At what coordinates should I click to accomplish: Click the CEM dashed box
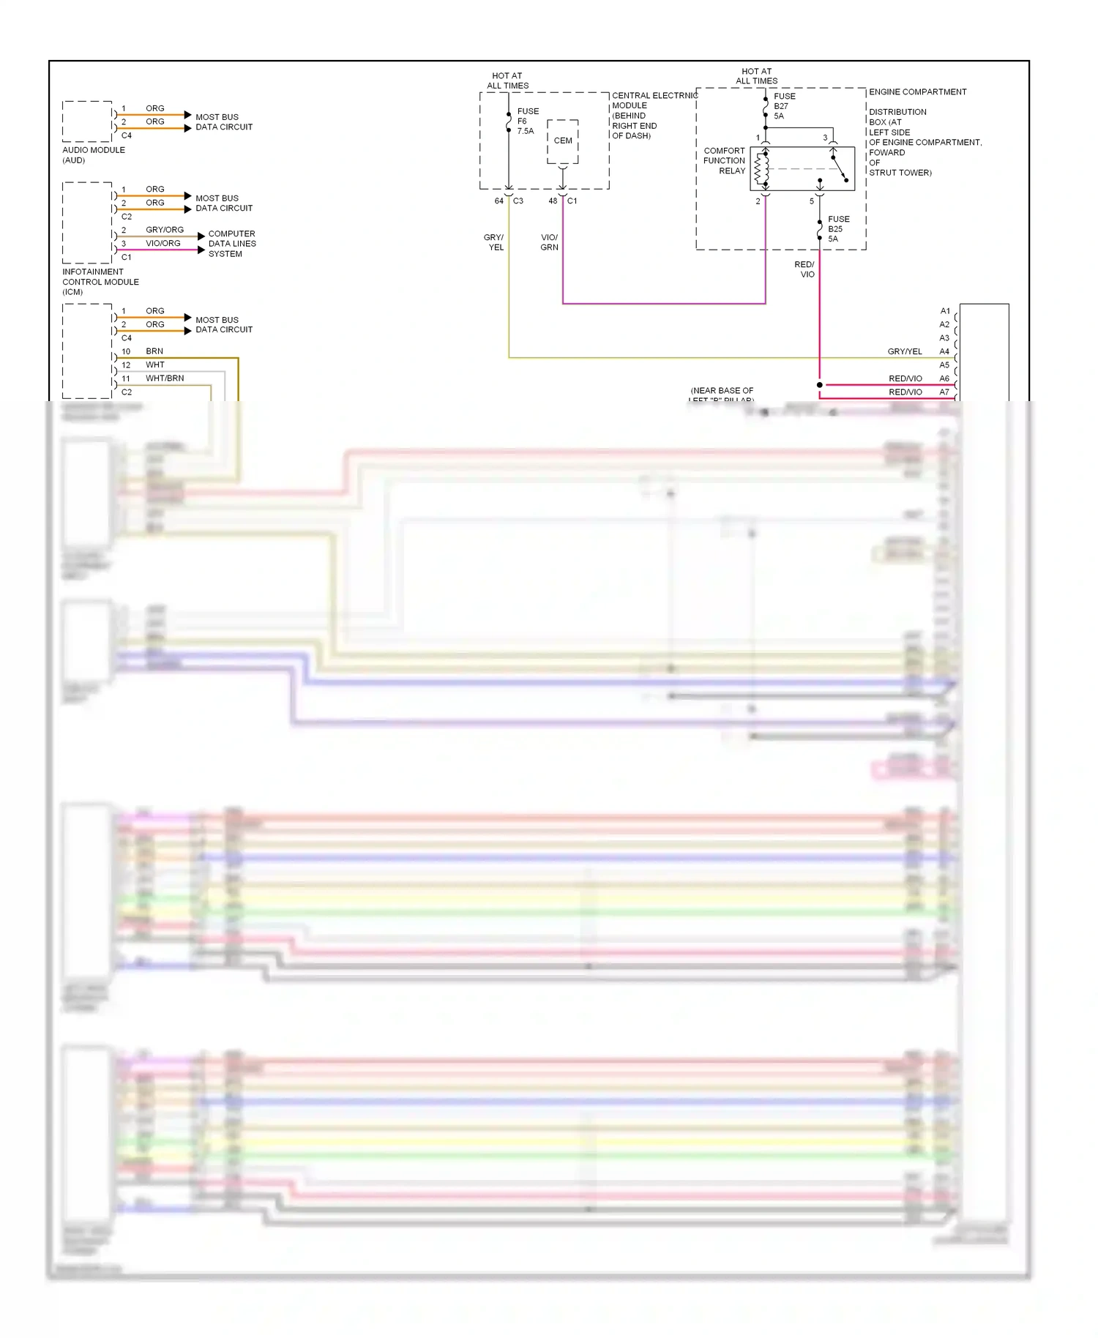coord(562,141)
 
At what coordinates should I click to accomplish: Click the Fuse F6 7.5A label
coord(527,122)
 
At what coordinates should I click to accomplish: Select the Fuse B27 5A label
coord(783,106)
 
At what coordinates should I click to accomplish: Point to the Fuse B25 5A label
coord(838,229)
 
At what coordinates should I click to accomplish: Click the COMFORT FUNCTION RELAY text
coord(724,161)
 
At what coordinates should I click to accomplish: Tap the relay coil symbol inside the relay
coord(762,169)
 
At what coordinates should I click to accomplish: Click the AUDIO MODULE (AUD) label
coord(93,155)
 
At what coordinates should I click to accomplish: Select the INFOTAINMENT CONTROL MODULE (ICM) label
coord(100,282)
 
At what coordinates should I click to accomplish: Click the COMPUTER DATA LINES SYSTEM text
coord(231,244)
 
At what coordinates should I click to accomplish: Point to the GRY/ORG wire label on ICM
coord(165,230)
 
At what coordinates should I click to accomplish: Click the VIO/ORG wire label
coord(163,244)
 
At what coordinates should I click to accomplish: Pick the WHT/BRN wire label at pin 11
coord(165,378)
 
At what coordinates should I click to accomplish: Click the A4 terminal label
coord(944,351)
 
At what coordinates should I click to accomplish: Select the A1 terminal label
coord(945,311)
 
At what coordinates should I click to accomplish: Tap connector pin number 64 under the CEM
coord(498,201)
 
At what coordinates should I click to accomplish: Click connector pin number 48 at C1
coord(553,201)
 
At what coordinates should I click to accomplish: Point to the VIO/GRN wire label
coord(549,242)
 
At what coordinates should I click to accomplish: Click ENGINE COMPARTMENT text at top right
coord(917,92)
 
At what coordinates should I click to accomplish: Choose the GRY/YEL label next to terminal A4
coord(905,351)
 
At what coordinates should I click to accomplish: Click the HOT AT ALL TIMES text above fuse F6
coord(507,81)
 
